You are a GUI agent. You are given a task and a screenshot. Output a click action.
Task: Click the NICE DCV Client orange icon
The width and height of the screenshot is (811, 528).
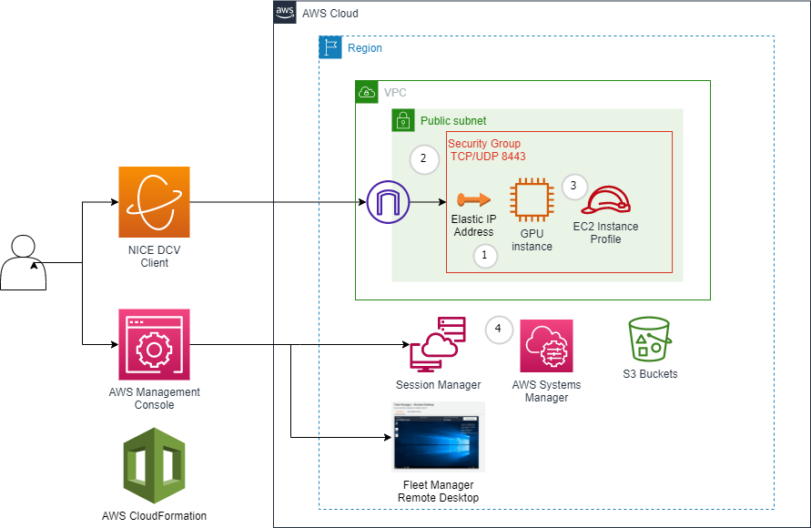coord(154,202)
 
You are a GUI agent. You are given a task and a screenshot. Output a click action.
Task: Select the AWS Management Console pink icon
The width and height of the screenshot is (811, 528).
coord(154,344)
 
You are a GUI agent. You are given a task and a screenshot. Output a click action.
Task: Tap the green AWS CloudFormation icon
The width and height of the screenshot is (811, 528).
coord(154,465)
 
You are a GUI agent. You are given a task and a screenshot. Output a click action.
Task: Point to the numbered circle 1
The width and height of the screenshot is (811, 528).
coord(484,257)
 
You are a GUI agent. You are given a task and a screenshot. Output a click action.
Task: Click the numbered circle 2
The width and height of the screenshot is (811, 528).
coord(423,159)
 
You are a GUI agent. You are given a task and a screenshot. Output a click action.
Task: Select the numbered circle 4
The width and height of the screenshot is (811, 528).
coord(499,329)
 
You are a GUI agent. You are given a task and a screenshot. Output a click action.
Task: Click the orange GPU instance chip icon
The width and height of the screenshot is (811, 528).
coord(531,200)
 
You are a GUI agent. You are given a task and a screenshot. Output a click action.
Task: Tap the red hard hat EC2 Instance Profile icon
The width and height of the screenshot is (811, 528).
coord(606,199)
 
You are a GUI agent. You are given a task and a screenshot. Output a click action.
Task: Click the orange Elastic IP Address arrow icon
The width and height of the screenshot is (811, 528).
coord(473,199)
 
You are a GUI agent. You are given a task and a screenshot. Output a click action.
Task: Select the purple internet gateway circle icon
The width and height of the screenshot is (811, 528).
coord(389,201)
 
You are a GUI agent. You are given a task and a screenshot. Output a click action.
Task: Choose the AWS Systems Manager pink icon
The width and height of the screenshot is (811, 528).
coord(546,346)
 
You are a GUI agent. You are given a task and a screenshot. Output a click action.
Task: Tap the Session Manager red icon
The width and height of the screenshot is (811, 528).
coord(438,343)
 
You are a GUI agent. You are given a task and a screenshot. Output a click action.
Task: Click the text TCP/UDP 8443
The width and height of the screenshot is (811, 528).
coord(487,157)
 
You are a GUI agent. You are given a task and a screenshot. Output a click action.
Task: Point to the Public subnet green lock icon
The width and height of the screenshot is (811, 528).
coord(403,120)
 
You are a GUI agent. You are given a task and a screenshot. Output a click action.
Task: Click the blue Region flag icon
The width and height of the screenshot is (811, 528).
coord(329,47)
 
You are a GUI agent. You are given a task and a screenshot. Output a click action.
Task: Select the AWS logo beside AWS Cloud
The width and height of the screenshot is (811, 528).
coord(285,13)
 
